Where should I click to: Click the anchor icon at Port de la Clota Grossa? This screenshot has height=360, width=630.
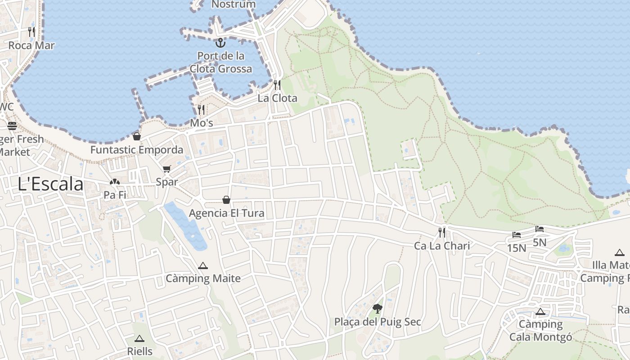click(x=220, y=43)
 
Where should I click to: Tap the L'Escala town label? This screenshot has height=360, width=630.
click(x=51, y=184)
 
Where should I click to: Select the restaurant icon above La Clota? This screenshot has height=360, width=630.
click(x=277, y=85)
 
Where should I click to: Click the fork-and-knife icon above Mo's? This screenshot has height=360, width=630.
click(x=201, y=109)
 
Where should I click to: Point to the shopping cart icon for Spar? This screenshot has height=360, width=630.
click(x=167, y=169)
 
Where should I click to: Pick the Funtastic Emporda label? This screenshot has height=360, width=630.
click(x=137, y=150)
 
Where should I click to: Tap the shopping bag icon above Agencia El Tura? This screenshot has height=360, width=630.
click(x=226, y=200)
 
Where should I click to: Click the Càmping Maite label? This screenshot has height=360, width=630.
click(x=203, y=279)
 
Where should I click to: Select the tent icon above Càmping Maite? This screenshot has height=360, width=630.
click(x=203, y=265)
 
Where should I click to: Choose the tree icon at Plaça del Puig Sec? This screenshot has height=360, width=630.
click(x=378, y=308)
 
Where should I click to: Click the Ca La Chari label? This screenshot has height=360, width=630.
click(x=442, y=246)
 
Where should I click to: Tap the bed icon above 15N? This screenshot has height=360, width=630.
click(x=517, y=235)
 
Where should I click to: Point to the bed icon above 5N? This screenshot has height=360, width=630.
click(x=540, y=229)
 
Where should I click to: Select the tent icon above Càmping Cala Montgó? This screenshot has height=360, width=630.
click(x=540, y=311)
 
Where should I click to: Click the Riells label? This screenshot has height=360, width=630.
click(x=139, y=351)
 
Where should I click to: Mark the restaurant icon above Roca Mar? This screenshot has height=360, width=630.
click(x=31, y=32)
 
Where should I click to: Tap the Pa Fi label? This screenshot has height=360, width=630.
click(x=115, y=195)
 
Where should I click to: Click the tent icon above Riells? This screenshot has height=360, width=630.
click(x=139, y=338)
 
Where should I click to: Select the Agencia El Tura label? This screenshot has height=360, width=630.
click(x=226, y=213)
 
